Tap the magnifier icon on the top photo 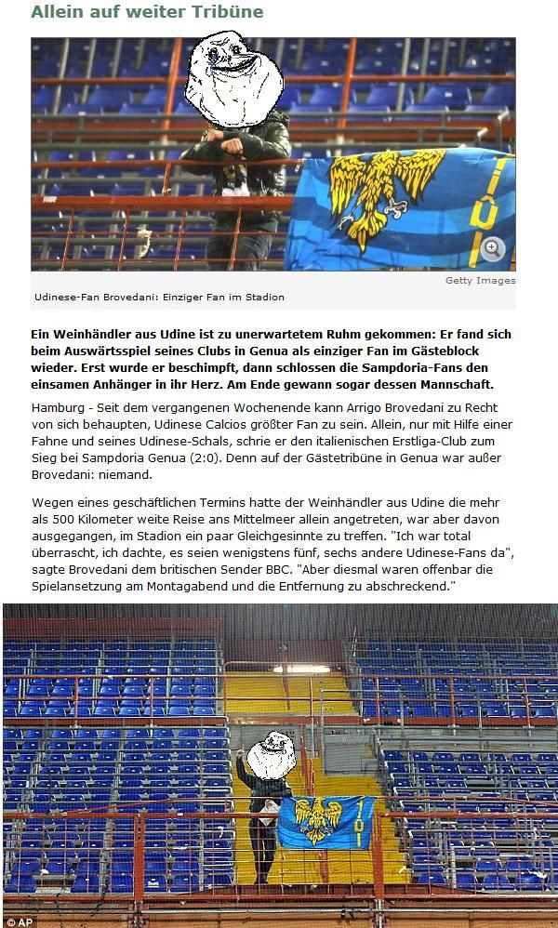click(493, 247)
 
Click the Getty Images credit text click(480, 280)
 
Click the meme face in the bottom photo click(271, 754)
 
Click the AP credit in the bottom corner click(20, 921)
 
